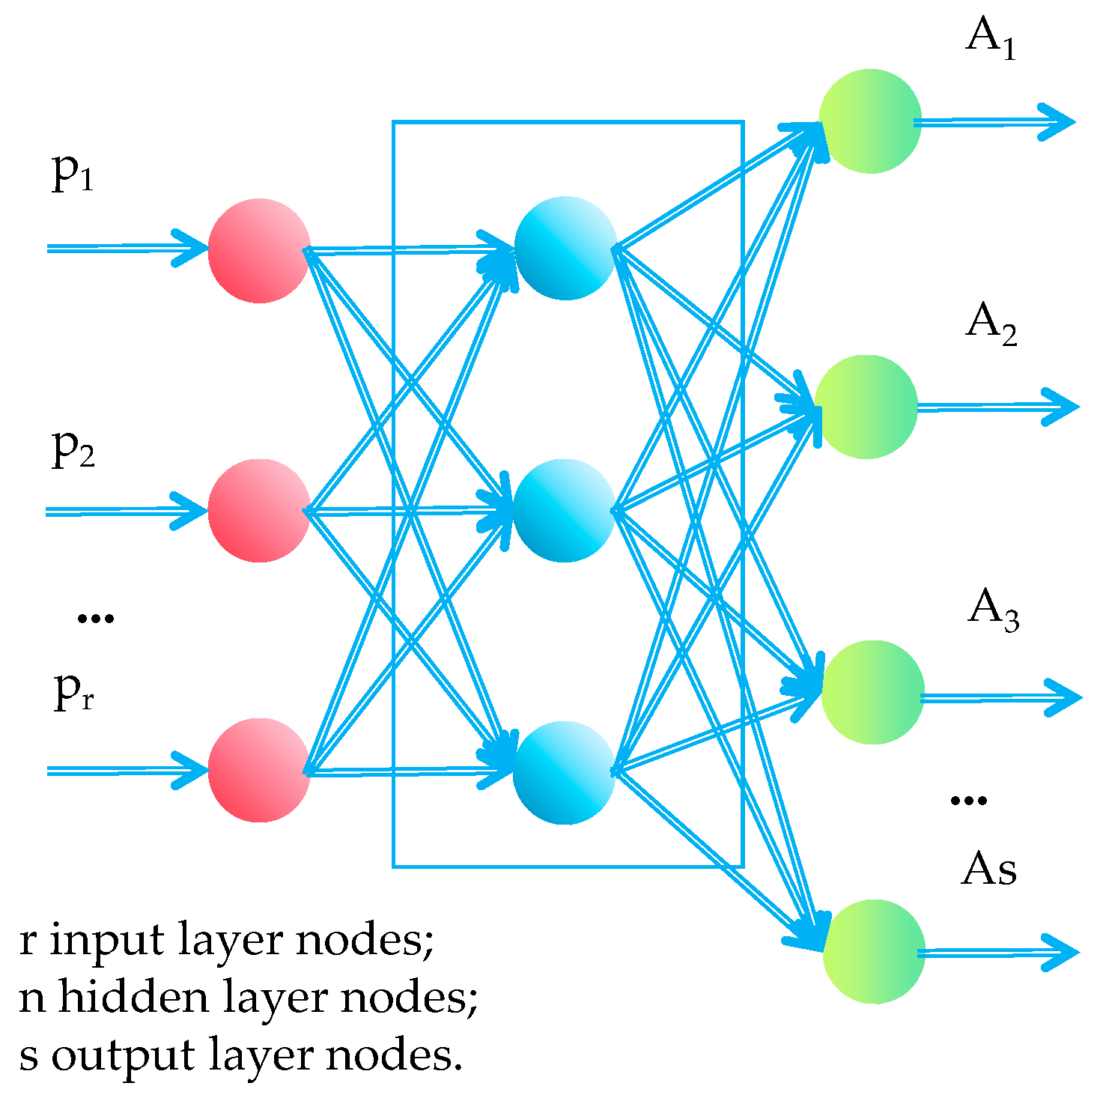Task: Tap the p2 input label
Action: [x=73, y=449]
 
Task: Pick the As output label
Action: [x=989, y=870]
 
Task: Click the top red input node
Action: [x=259, y=250]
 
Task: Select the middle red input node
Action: [x=259, y=511]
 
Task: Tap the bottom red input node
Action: [x=259, y=770]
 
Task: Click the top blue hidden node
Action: [x=565, y=248]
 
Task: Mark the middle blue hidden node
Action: [x=564, y=510]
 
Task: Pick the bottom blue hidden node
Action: [x=564, y=772]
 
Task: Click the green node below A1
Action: [x=870, y=121]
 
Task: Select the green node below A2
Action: [x=866, y=407]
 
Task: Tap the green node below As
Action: [x=874, y=952]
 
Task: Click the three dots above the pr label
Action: [x=96, y=618]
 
